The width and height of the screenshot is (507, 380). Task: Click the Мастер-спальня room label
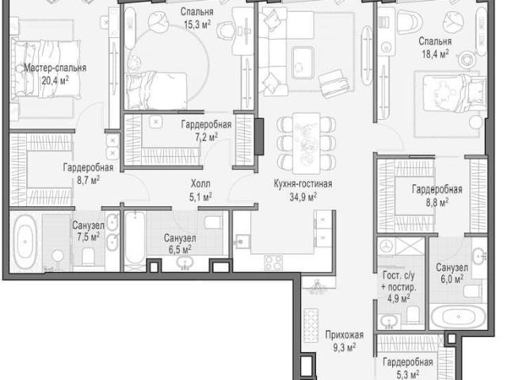coord(55,68)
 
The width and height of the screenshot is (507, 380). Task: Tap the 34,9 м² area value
coord(303,197)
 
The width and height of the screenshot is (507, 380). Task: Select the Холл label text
coord(200,183)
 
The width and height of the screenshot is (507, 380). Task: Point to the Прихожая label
coord(345,335)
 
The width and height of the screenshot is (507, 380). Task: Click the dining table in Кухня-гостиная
coord(307,143)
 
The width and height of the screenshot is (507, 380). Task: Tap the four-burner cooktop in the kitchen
coord(273,263)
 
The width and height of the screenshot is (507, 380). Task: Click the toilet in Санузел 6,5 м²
coord(213,222)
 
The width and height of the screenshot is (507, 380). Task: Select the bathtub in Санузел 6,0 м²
coord(459,316)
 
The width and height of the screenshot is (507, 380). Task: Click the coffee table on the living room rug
coord(303,63)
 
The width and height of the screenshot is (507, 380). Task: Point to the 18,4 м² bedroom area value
coord(435,54)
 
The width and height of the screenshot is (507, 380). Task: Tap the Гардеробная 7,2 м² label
coord(206,131)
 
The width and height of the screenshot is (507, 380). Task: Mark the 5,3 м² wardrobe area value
coord(408,374)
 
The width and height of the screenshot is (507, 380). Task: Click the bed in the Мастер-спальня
coord(46,69)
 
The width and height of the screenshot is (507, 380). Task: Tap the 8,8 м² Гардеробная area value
coord(436,202)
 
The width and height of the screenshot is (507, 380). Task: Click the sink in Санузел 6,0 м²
coord(479,256)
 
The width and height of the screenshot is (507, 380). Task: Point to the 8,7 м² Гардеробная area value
coord(88,180)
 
